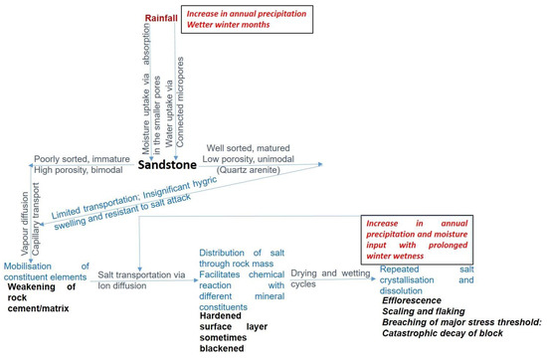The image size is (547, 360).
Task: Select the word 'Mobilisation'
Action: coord(33,266)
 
